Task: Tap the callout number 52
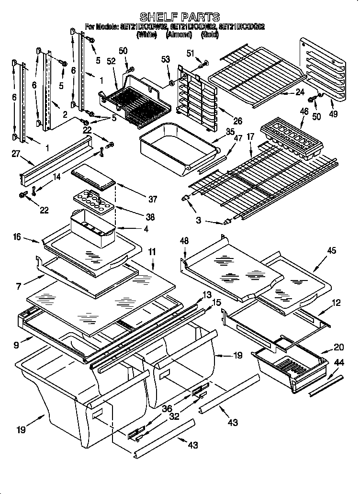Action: tap(112, 62)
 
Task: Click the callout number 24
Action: tap(300, 92)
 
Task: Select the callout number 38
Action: tap(150, 217)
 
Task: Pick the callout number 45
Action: tap(331, 250)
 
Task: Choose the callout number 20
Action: tap(338, 348)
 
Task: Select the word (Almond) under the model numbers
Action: tap(179, 34)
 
